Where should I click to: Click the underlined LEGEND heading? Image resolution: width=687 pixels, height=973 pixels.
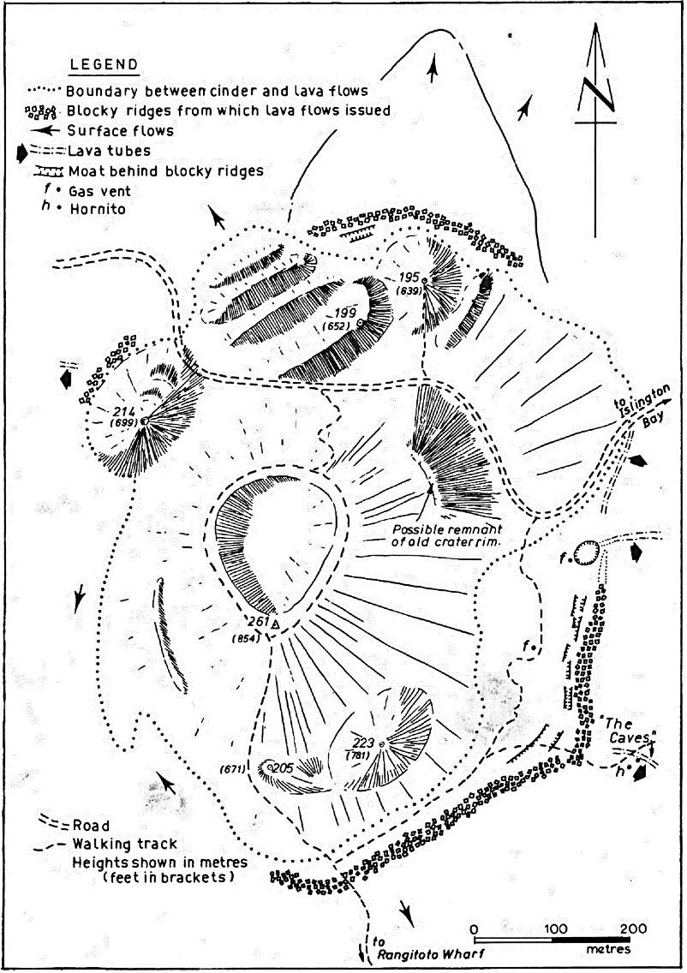(105, 66)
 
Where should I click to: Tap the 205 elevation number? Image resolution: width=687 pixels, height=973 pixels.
(284, 767)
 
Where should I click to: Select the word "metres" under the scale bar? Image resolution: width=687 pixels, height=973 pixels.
(608, 949)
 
